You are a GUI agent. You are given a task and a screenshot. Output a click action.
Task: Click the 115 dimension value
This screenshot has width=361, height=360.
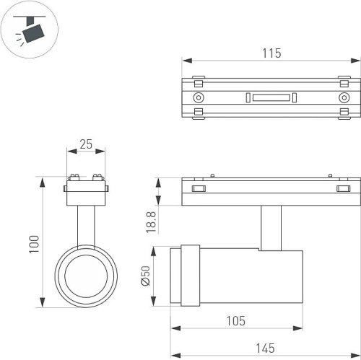click(x=271, y=53)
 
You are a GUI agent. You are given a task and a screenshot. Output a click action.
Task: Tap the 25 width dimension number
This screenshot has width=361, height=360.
click(x=86, y=144)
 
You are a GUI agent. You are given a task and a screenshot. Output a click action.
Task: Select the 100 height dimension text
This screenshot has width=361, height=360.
click(x=34, y=244)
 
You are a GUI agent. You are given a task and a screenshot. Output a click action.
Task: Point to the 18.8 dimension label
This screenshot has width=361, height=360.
click(x=151, y=222)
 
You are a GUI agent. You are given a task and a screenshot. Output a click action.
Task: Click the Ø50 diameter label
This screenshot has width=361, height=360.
click(x=146, y=276)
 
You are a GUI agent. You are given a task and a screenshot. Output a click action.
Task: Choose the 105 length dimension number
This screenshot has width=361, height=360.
click(x=236, y=321)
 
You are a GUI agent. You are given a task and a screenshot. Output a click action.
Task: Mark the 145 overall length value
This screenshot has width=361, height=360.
click(x=265, y=348)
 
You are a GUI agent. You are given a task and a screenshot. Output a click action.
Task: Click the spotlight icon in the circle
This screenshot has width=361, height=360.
click(x=30, y=30)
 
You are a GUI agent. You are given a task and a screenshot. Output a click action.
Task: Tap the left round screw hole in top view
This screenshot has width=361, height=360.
click(x=199, y=97)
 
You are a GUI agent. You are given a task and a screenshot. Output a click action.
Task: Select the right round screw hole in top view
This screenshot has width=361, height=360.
click(x=344, y=97)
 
